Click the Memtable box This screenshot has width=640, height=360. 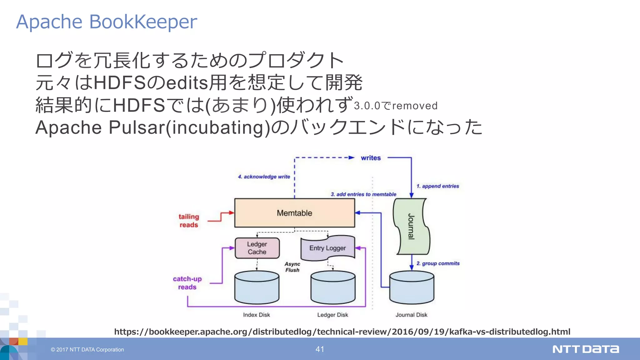pyautogui.click(x=294, y=213)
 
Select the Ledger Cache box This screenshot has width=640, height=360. pyautogui.click(x=257, y=248)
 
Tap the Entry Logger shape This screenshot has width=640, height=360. pyautogui.click(x=327, y=248)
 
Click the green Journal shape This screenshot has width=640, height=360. pyautogui.click(x=411, y=226)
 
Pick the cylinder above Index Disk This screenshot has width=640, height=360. pyautogui.click(x=257, y=287)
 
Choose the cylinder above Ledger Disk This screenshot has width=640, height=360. pyautogui.click(x=333, y=287)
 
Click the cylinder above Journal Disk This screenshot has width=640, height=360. pyautogui.click(x=412, y=287)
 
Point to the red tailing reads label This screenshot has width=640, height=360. pyautogui.click(x=189, y=221)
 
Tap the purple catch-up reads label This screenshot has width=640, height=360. pyautogui.click(x=187, y=283)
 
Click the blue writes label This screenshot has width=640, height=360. pyautogui.click(x=371, y=158)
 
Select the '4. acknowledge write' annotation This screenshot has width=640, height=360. pyautogui.click(x=264, y=177)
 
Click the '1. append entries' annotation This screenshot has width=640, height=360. pyautogui.click(x=437, y=186)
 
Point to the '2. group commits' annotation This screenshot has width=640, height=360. pyautogui.click(x=438, y=263)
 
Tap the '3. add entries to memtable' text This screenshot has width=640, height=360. pyautogui.click(x=363, y=194)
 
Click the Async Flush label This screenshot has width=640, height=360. pyautogui.click(x=292, y=267)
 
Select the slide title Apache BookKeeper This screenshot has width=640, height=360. pyautogui.click(x=107, y=22)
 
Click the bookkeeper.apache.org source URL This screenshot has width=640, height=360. pyautogui.click(x=342, y=332)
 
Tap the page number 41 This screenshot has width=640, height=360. pyautogui.click(x=320, y=349)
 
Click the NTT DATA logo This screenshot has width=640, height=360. pyautogui.click(x=586, y=349)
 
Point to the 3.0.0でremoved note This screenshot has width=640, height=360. pyautogui.click(x=396, y=106)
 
